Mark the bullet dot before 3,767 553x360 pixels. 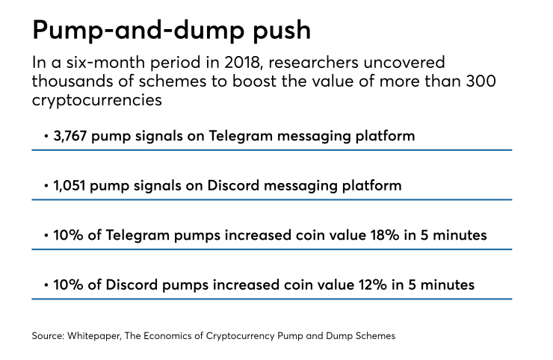(46, 137)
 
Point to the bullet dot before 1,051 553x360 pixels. (46, 187)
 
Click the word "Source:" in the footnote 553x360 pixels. (48, 336)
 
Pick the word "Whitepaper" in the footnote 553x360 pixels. (93, 336)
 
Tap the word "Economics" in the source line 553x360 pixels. (171, 336)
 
